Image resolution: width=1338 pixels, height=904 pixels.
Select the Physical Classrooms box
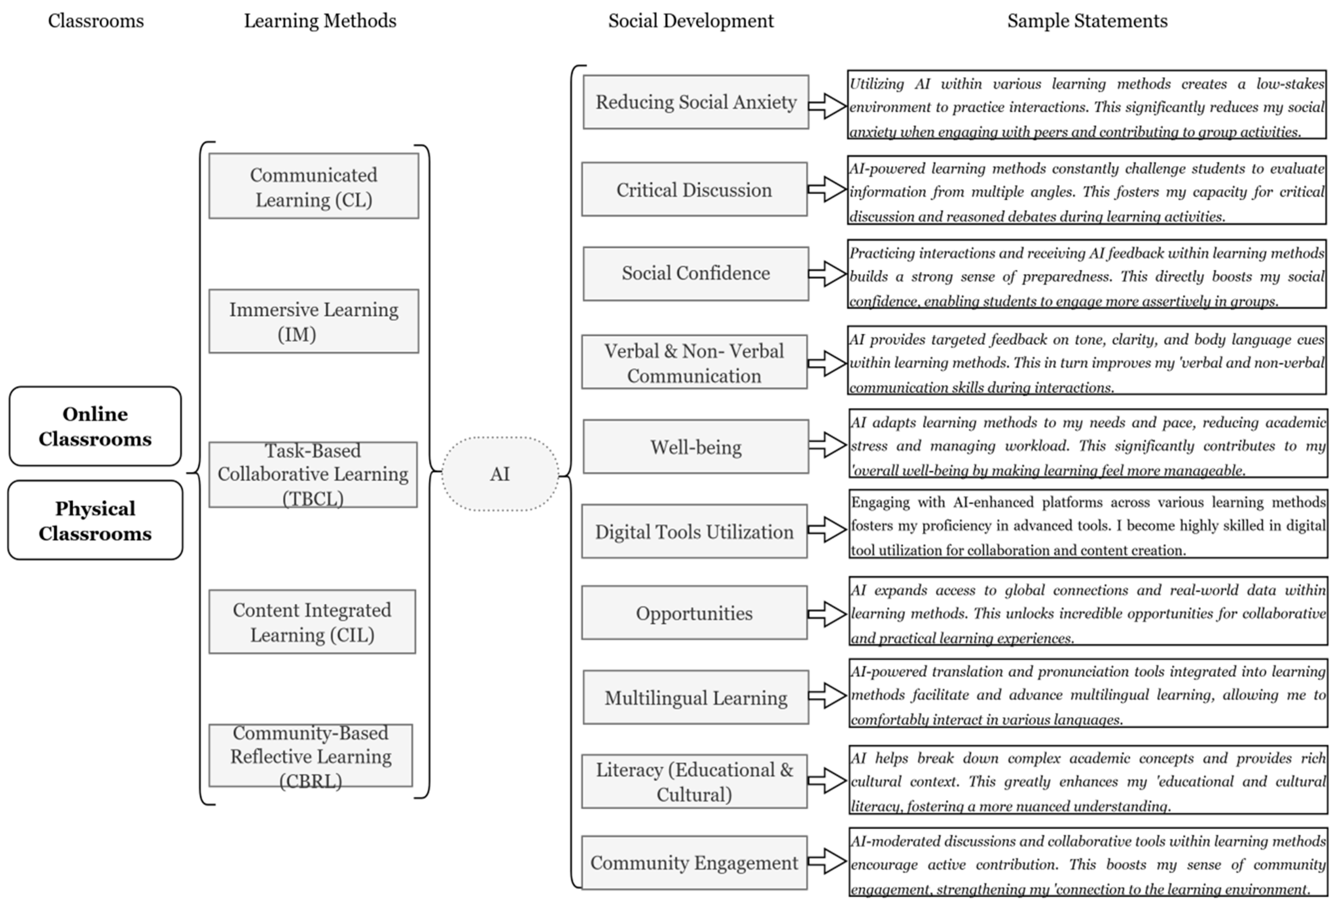[95, 520]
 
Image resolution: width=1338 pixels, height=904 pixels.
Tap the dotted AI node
[500, 474]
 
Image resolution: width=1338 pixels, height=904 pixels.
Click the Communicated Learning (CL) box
[313, 186]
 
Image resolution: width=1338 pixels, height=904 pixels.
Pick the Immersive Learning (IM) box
[313, 321]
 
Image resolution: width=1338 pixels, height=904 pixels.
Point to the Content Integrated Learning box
[312, 622]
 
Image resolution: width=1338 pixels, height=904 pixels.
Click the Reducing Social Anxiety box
[695, 102]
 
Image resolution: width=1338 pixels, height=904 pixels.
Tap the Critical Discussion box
[694, 190]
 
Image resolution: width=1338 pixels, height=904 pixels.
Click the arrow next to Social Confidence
[827, 274]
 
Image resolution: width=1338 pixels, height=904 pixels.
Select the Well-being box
[695, 447]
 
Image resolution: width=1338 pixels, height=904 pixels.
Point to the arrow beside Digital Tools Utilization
[827, 529]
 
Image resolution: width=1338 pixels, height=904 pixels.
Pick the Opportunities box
[694, 613]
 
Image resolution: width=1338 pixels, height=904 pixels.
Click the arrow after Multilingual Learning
[827, 695]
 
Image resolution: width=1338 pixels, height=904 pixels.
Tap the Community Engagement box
[694, 862]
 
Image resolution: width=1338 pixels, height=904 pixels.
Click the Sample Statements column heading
[1087, 21]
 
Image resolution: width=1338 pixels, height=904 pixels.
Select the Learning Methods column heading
[320, 21]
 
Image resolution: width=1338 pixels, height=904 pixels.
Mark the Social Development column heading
[691, 21]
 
